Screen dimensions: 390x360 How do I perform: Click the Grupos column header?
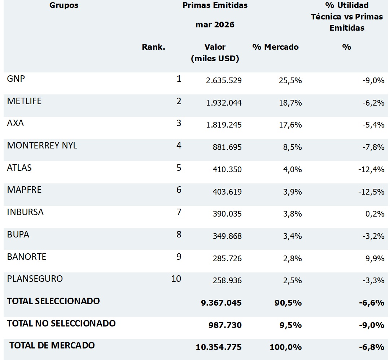pyautogui.click(x=64, y=5)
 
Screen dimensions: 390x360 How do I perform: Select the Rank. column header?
pyautogui.click(x=153, y=47)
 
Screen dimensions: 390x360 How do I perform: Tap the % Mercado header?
pyautogui.click(x=275, y=47)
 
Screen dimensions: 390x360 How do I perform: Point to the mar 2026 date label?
pyautogui.click(x=215, y=25)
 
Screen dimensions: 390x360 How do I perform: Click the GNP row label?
pyautogui.click(x=16, y=79)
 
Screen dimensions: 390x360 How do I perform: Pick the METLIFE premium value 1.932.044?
pyautogui.click(x=224, y=103)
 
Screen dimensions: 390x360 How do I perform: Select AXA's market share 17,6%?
pyautogui.click(x=290, y=125)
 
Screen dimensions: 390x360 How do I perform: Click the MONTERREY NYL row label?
pyautogui.click(x=42, y=145)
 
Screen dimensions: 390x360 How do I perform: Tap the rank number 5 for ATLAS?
pyautogui.click(x=179, y=168)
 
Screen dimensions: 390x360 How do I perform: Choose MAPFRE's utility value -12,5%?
pyautogui.click(x=371, y=192)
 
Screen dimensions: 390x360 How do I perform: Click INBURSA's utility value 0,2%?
pyautogui.click(x=375, y=214)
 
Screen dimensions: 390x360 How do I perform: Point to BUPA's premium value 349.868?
pyautogui.click(x=227, y=236)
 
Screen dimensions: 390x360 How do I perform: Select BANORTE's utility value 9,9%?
pyautogui.click(x=375, y=258)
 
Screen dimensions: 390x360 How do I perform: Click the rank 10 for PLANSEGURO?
pyautogui.click(x=176, y=279)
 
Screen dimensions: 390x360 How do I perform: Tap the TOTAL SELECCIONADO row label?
pyautogui.click(x=53, y=301)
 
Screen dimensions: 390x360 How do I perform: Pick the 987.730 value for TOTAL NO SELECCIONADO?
pyautogui.click(x=225, y=325)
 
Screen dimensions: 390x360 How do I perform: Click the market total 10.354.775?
pyautogui.click(x=219, y=347)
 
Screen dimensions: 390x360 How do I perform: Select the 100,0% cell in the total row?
pyautogui.click(x=286, y=347)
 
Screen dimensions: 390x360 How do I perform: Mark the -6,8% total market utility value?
pyautogui.click(x=372, y=347)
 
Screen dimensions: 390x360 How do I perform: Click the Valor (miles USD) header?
pyautogui.click(x=215, y=53)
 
